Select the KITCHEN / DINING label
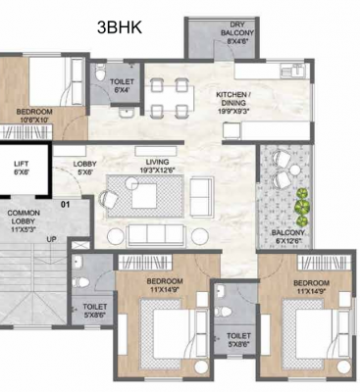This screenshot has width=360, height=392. [234, 100]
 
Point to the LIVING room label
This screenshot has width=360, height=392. [153, 166]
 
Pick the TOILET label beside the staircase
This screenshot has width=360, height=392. [95, 311]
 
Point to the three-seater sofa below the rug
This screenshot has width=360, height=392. [154, 234]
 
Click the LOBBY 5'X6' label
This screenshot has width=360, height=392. [87, 169]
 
